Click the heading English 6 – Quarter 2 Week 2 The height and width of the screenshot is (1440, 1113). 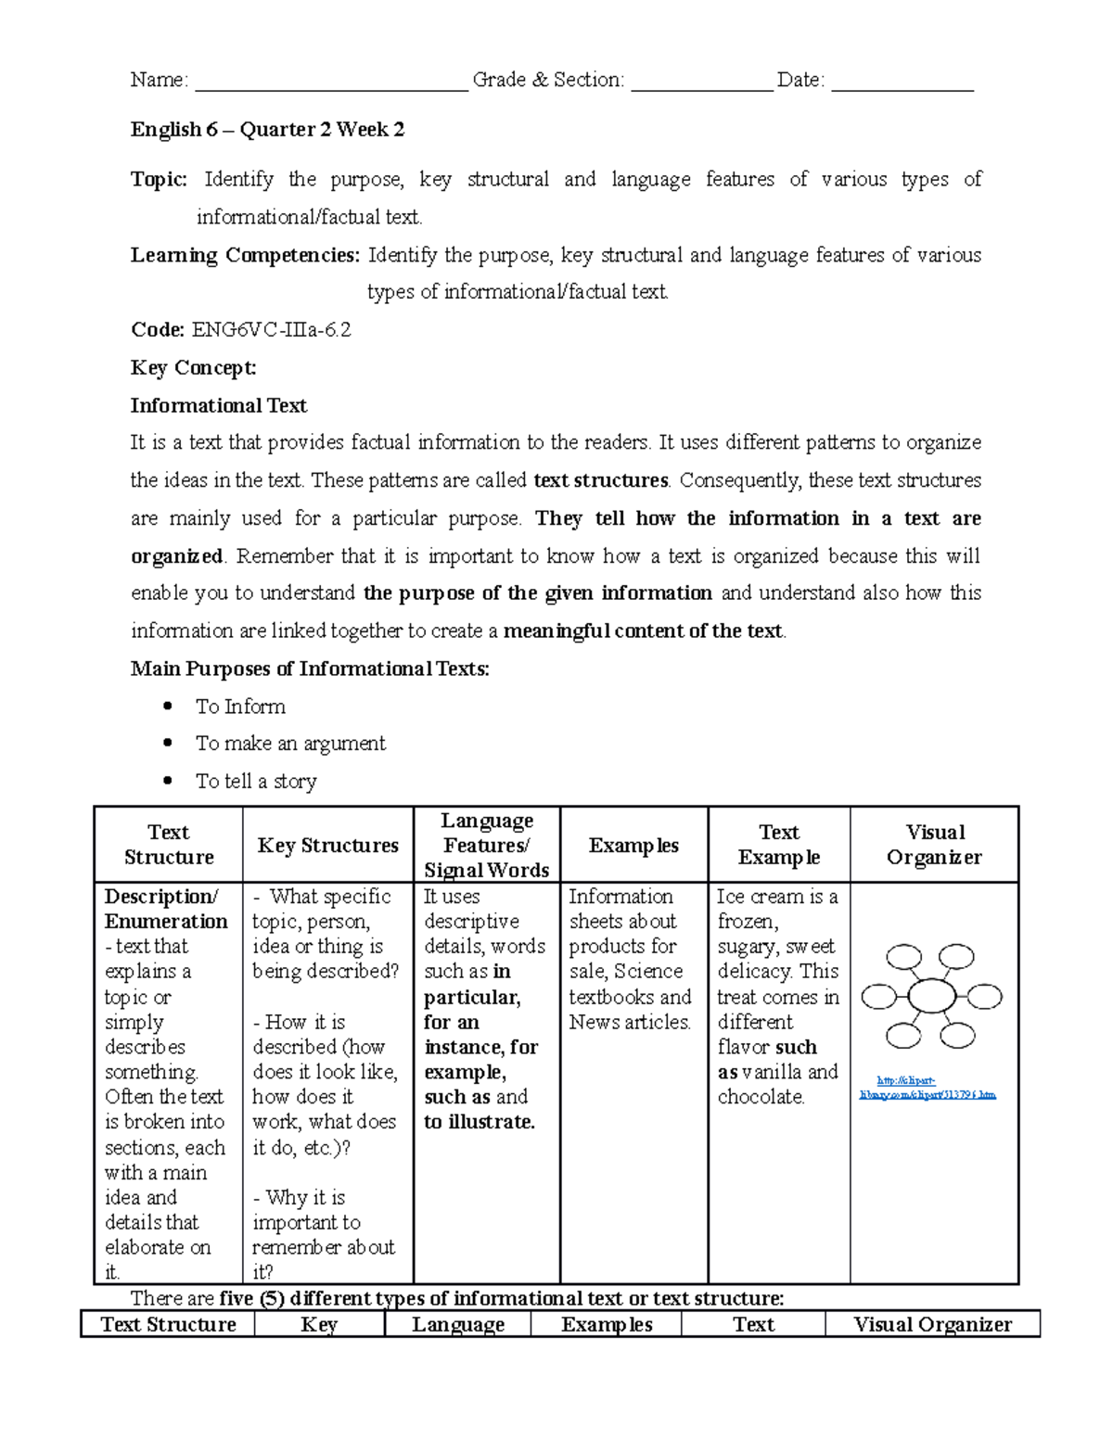pos(267,130)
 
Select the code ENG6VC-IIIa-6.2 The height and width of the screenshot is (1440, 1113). pos(271,330)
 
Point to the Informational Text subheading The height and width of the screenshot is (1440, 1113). pos(218,405)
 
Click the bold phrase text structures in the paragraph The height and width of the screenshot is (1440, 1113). pos(601,480)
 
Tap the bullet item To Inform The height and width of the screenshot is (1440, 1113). pos(240,707)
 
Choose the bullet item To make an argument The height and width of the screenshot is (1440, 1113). pos(290,744)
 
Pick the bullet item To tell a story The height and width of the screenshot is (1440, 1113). pos(256,782)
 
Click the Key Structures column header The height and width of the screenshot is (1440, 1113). pos(327,845)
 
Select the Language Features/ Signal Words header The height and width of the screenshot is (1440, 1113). pos(486,845)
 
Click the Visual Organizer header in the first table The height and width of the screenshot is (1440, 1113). pos(934,845)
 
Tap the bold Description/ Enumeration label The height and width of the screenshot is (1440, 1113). pos(165,909)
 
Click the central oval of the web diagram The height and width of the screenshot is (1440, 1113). pos(931,997)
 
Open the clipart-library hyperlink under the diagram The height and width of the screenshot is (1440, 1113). pos(927,1088)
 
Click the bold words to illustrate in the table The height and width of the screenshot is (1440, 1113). pos(480,1122)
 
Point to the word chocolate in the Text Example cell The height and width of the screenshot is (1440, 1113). pos(761,1097)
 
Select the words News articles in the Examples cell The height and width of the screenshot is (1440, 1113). pos(629,1022)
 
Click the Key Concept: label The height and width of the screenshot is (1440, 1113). pos(193,368)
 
